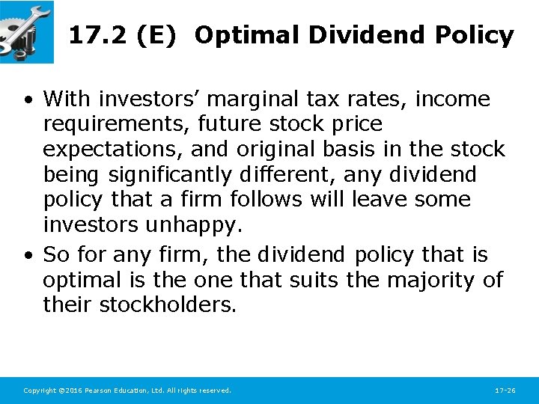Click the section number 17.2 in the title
(x=97, y=35)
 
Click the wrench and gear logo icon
(x=26, y=31)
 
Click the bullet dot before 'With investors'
(x=27, y=100)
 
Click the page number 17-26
(x=505, y=391)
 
